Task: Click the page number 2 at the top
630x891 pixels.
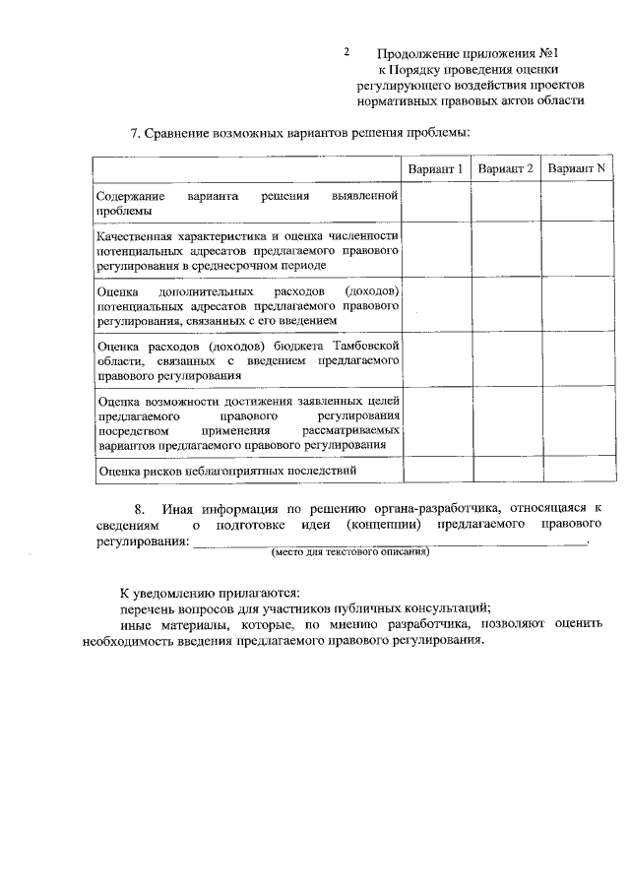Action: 346,51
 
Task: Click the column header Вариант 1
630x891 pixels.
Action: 436,169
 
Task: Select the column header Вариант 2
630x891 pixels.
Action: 506,169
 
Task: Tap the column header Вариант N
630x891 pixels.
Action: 576,169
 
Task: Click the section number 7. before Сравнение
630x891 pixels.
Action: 136,133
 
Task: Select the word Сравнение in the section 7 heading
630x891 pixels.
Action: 188,133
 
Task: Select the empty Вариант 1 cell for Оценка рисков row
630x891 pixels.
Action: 436,471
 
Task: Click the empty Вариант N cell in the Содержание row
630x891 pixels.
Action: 576,204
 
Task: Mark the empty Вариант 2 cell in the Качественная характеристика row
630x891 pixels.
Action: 506,251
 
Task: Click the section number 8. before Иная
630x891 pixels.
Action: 140,509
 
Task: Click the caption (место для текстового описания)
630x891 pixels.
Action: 350,552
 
